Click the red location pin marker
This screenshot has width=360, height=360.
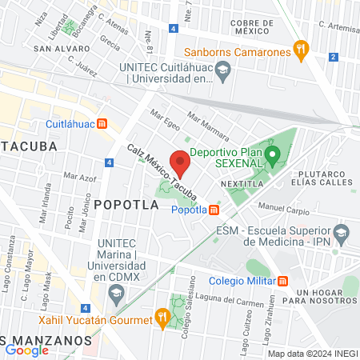click(x=180, y=162)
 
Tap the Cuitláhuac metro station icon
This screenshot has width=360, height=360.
click(x=102, y=124)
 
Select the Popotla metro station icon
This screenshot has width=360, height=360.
click(x=214, y=210)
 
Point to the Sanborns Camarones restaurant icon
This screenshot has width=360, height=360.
click(x=301, y=51)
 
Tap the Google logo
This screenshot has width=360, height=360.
click(x=26, y=349)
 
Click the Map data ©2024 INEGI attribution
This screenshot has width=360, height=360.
click(x=312, y=353)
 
